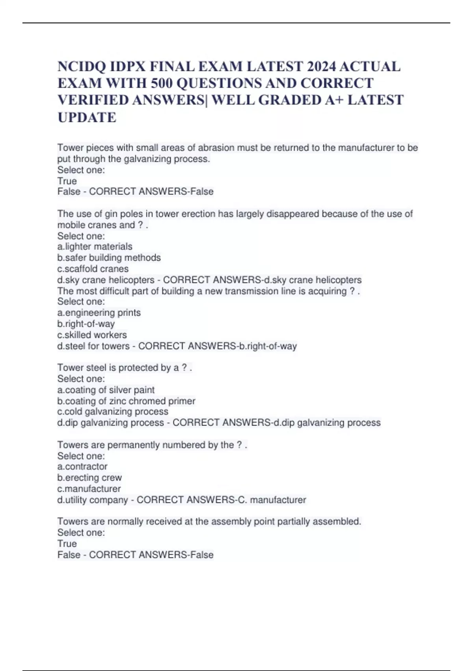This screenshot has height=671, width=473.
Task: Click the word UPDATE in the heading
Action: [x=87, y=117]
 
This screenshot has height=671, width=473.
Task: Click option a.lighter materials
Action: [x=95, y=247]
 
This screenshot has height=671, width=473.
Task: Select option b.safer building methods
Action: [x=109, y=258]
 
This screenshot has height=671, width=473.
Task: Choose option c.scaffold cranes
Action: [x=93, y=269]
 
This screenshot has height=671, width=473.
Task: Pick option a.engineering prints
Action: [x=99, y=313]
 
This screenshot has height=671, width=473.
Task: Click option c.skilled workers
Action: [x=92, y=335]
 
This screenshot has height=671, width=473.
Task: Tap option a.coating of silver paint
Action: [x=106, y=390]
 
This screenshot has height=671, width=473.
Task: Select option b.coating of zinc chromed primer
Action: [x=126, y=401]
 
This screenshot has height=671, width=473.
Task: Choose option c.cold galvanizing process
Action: [x=113, y=412]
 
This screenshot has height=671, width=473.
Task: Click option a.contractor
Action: [x=82, y=467]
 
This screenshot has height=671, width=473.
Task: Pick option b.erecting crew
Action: [x=89, y=478]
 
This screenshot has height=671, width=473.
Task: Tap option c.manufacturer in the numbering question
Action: [x=89, y=489]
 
